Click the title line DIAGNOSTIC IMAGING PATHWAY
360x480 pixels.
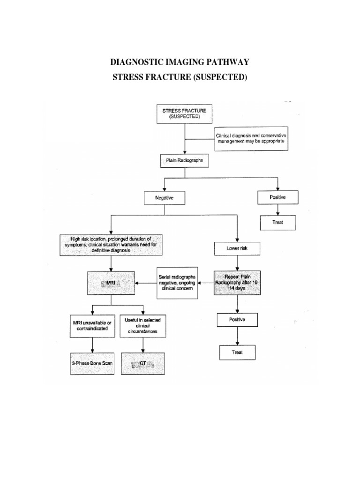(180, 62)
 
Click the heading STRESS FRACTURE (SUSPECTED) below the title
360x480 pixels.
(180, 77)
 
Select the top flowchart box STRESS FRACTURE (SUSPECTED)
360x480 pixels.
(184, 113)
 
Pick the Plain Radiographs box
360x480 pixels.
(184, 161)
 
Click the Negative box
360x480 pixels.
(164, 198)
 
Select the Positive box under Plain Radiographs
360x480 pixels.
(277, 198)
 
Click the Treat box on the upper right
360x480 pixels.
(278, 223)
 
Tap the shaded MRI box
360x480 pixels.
(112, 283)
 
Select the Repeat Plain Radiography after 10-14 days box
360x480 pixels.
(238, 282)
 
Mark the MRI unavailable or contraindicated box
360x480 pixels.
(92, 325)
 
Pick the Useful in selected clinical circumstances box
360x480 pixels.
(143, 325)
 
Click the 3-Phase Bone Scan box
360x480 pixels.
(92, 363)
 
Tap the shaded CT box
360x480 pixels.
(143, 363)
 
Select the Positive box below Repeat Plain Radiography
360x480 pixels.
(238, 320)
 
